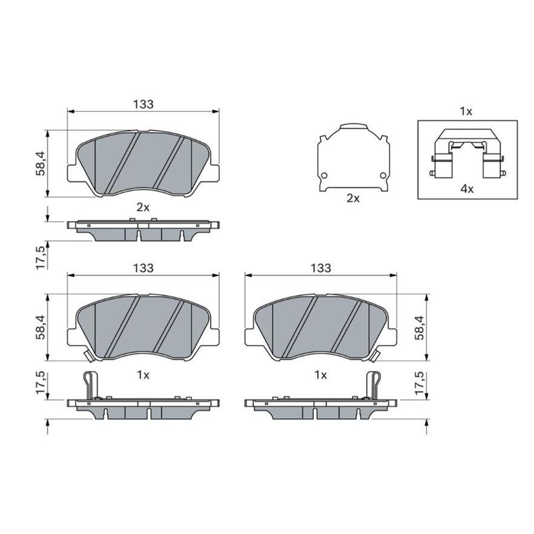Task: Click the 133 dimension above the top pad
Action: [x=143, y=104]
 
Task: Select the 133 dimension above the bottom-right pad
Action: [x=321, y=268]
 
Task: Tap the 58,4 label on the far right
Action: [x=420, y=328]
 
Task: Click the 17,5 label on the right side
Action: [x=420, y=383]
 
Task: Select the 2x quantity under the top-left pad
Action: [x=143, y=208]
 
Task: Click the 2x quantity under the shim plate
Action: [x=353, y=198]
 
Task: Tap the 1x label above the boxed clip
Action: [x=466, y=111]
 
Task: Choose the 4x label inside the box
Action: [x=467, y=189]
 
